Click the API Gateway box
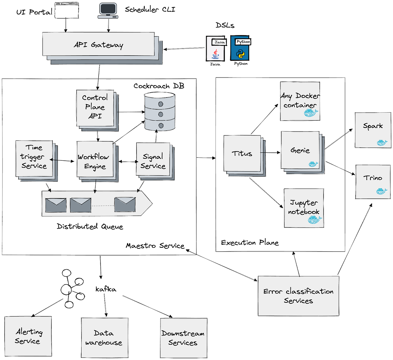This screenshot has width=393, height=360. coord(98,44)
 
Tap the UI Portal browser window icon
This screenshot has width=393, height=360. coord(67,10)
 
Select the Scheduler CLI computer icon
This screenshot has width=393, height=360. coord(108,10)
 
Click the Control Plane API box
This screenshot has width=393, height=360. coord(95,108)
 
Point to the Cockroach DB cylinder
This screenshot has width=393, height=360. coord(160,111)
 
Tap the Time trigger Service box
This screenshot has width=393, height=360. coord(34,158)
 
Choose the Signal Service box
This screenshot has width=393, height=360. coord(153,160)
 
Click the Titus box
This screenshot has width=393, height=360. coord(242,154)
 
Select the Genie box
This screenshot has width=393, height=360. coord(300,150)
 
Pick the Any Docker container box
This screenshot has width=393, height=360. coord(300,101)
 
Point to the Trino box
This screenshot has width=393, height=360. coord(373,182)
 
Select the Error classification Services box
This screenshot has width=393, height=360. coord(298,296)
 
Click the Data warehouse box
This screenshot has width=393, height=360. coord(104,337)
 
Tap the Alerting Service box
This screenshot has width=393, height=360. coord(28,336)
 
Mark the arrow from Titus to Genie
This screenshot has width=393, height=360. coord(271,153)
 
